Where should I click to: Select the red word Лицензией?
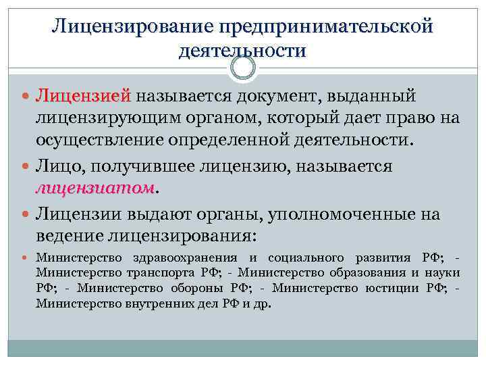[85, 97]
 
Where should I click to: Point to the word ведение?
[67, 237]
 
